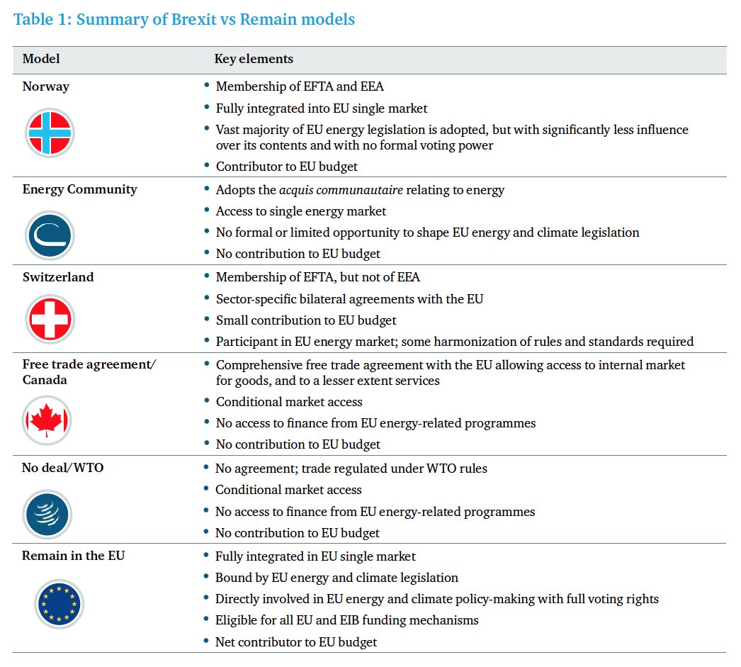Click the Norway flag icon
[50, 133]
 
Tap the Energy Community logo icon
[50, 235]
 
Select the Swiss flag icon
[50, 320]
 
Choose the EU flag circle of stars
[60, 605]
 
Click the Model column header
[41, 59]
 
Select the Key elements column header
[254, 59]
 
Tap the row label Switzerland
[58, 277]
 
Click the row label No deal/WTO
[63, 468]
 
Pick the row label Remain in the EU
[74, 556]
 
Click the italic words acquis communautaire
[334, 190]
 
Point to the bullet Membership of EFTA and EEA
[300, 86]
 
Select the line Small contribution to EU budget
[306, 320]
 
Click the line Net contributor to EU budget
[296, 642]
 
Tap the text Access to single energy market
[301, 211]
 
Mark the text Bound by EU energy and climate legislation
[337, 578]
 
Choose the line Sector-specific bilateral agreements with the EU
[349, 299]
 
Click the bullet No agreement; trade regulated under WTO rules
[351, 469]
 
